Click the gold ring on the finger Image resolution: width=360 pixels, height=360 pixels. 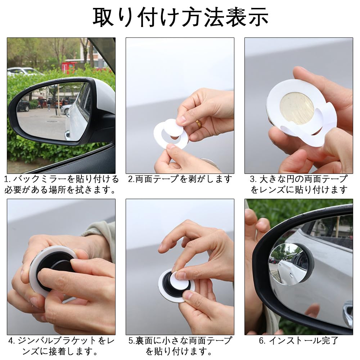198,124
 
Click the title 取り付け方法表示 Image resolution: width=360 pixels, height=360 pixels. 180,16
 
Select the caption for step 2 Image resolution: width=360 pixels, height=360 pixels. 180,179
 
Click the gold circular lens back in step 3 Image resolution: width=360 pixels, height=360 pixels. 297,108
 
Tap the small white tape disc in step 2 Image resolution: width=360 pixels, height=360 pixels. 174,127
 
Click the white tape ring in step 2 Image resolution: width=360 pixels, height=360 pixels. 171,139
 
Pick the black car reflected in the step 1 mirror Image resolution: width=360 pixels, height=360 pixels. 23,106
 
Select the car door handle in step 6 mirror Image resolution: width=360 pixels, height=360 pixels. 347,310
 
